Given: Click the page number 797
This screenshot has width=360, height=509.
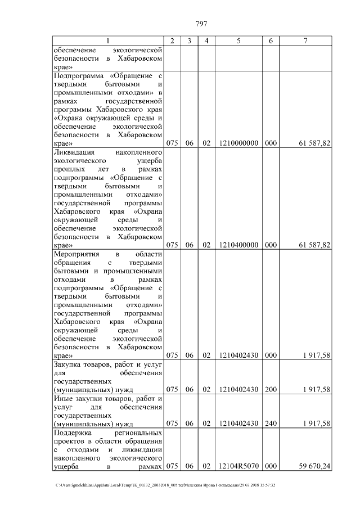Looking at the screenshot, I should point(201,24).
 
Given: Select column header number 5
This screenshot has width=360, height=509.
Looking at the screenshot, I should point(239,41).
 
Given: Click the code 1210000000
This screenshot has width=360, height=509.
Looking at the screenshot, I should point(239,143).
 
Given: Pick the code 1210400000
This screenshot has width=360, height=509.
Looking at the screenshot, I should point(239,245).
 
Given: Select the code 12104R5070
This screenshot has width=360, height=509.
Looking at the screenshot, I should point(239,466).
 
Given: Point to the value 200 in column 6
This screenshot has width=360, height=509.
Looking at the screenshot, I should point(271,389).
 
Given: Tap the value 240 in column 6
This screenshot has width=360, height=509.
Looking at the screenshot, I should point(271,424).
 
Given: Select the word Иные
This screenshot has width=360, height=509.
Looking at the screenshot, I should point(62,398).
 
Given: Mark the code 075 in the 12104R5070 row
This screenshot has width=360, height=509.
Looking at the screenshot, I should point(173,466).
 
